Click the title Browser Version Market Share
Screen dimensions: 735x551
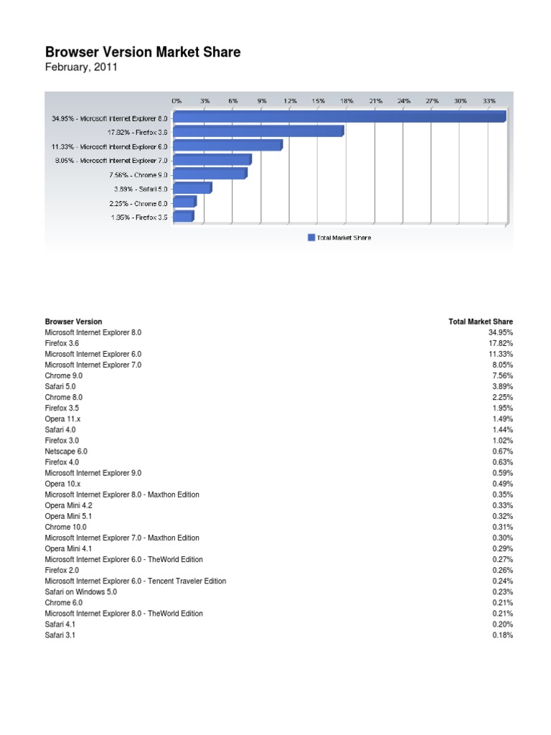point(143,52)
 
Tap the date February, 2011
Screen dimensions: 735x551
point(80,67)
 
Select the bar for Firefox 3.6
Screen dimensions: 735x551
point(258,131)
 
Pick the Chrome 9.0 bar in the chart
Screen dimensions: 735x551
point(209,174)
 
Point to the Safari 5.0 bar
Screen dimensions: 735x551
point(192,188)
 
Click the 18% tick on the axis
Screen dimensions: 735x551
point(347,101)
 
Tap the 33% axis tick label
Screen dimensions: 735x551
point(489,101)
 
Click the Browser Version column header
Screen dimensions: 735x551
point(73,322)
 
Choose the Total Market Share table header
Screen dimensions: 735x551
point(481,322)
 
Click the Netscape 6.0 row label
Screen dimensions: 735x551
point(66,451)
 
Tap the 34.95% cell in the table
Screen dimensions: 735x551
point(501,332)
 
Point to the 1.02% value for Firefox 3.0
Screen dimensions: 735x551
point(503,441)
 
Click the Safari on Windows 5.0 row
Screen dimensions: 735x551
point(80,592)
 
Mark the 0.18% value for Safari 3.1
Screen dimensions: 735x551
point(503,635)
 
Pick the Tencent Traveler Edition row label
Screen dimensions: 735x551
point(135,581)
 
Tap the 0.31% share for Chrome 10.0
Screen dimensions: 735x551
point(503,527)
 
